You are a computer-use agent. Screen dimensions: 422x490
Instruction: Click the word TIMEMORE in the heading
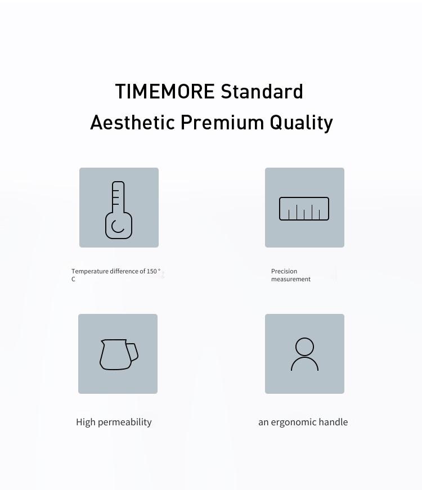coord(165,91)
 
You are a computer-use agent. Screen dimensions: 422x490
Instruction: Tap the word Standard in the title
coord(262,91)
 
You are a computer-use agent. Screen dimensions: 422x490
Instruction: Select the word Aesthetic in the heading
coord(132,122)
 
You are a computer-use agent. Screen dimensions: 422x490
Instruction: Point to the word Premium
coord(222,122)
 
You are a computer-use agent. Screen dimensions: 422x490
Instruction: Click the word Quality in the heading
coord(302,123)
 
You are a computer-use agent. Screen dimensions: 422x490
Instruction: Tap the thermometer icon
coord(119,210)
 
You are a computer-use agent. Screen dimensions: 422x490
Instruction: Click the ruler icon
coord(304,209)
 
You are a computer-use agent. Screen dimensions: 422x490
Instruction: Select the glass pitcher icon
coord(119,354)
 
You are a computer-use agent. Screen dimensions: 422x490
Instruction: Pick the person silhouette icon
coord(304,354)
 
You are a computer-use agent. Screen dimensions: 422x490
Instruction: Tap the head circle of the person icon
coord(304,347)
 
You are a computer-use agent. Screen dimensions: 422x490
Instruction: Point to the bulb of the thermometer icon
coord(119,226)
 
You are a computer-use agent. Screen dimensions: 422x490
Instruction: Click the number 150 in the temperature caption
coord(151,271)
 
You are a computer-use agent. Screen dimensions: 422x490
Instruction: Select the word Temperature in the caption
coord(90,271)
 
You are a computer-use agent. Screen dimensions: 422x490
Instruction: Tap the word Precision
coord(284,271)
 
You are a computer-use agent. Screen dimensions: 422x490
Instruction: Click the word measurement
coord(291,279)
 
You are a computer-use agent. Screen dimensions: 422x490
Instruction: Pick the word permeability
coord(125,422)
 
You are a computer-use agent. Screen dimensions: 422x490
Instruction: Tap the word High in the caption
coord(86,422)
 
